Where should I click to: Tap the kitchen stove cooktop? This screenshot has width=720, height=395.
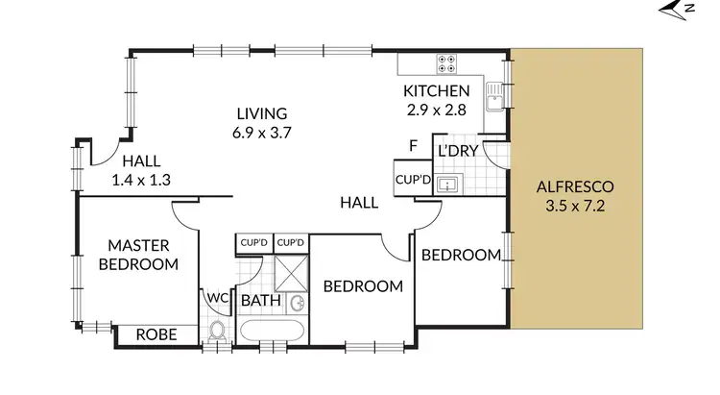tap(447, 63)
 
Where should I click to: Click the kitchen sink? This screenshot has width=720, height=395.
tap(494, 96)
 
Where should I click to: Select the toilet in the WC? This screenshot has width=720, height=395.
tap(217, 333)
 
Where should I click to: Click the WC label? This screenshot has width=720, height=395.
tap(217, 298)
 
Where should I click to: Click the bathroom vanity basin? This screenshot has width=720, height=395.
tap(299, 304)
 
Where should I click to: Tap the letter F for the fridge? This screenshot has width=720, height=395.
tap(414, 146)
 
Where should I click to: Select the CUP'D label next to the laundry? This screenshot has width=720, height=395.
tap(412, 180)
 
